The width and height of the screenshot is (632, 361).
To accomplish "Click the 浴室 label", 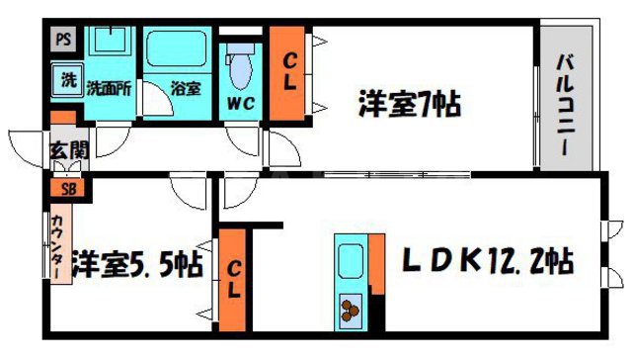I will (x=184, y=87).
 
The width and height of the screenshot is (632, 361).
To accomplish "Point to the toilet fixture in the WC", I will (x=240, y=67).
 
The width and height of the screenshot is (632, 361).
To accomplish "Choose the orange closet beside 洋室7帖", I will (x=288, y=72).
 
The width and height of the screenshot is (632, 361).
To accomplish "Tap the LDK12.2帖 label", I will (x=486, y=263).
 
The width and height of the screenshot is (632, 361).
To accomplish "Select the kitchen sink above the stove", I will (x=351, y=261).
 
